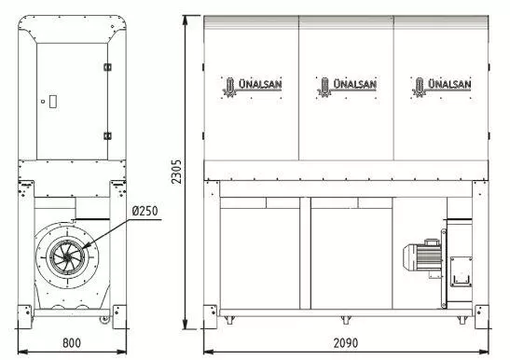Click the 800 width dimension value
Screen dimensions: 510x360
[72, 343]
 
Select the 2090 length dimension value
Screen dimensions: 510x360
[346, 343]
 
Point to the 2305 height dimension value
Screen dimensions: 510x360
[176, 172]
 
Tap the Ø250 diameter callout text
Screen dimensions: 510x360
[145, 211]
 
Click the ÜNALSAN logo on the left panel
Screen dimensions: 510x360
[252, 87]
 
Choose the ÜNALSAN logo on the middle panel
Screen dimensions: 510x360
[347, 87]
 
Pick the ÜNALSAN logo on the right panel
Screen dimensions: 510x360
[441, 87]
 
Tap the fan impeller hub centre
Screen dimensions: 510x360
[67, 257]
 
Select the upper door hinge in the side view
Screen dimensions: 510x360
[107, 67]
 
